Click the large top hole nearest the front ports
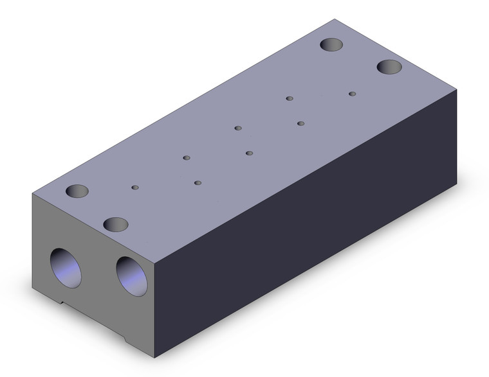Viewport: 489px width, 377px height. [116, 224]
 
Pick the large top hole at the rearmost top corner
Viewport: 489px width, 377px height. [332, 45]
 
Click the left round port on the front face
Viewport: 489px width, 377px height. [68, 267]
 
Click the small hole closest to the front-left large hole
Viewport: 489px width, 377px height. [135, 188]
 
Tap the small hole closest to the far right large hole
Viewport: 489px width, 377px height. [352, 94]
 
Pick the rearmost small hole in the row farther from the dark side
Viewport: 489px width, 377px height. [290, 98]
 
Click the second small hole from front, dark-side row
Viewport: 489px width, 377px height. [249, 153]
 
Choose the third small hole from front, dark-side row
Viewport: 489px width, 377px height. [300, 123]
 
